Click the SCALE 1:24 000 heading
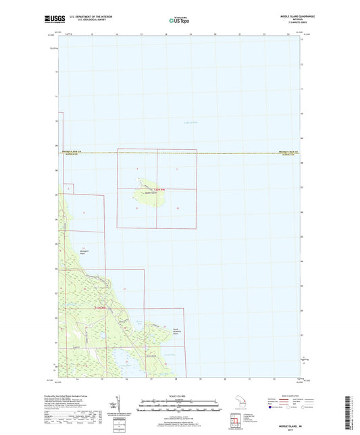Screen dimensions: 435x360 (x=179, y=395)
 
